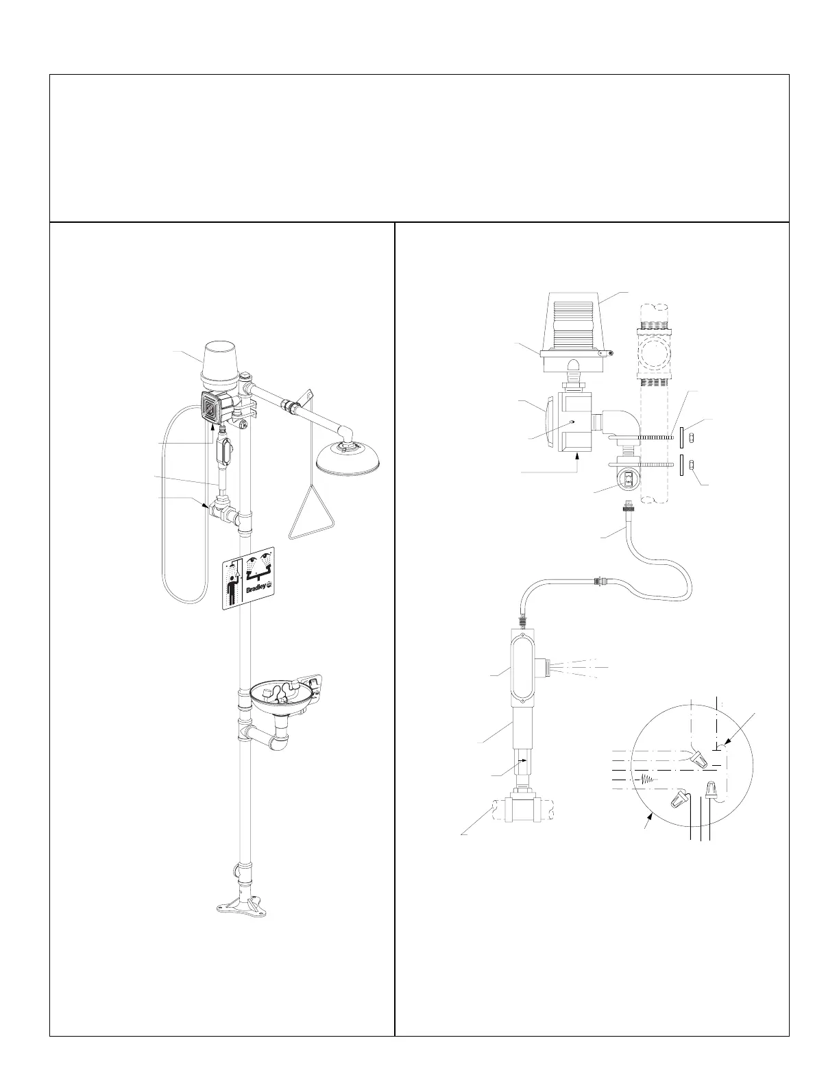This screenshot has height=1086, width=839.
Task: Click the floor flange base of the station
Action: (x=239, y=907)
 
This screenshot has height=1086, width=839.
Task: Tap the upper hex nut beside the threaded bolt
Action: (x=694, y=437)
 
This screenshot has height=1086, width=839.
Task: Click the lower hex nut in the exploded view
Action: (x=694, y=466)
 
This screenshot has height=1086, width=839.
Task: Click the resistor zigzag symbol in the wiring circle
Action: (x=646, y=780)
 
